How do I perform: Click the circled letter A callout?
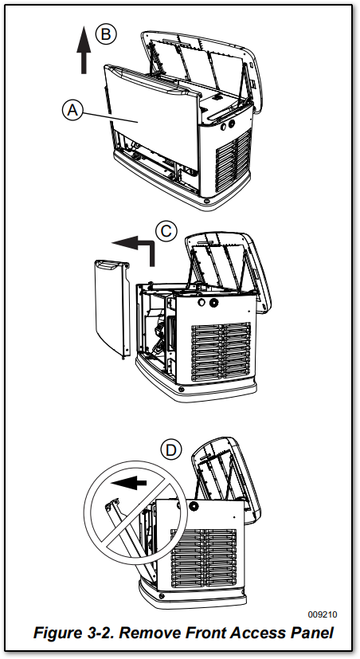[x=72, y=110]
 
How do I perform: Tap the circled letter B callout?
[x=105, y=34]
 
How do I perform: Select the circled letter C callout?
[x=166, y=231]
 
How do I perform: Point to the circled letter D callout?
[x=171, y=450]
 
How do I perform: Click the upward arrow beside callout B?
[x=84, y=49]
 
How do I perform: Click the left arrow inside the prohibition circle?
[x=129, y=483]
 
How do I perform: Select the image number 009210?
[x=323, y=615]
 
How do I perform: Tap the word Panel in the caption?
[x=311, y=632]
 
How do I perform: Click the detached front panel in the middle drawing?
[x=112, y=308]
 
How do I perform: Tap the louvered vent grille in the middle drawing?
[x=221, y=352]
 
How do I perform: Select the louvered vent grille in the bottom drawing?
[x=204, y=558]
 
